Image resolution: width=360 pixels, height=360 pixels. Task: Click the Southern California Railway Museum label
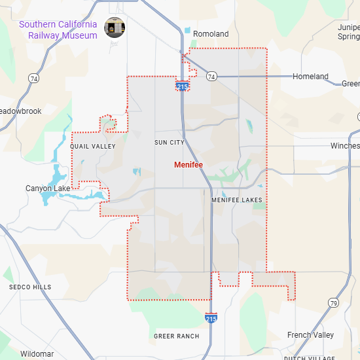point(58,29)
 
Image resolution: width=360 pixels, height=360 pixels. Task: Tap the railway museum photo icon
point(115,28)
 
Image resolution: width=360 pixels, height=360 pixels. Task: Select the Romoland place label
point(211,33)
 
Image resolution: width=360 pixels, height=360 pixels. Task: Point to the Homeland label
point(310,77)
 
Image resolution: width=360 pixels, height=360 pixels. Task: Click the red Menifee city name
point(189,165)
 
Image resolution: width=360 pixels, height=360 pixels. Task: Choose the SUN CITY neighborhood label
point(170,142)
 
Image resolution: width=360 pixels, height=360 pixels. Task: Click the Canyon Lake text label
point(48,189)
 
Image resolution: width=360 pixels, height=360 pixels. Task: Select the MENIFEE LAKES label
point(237,200)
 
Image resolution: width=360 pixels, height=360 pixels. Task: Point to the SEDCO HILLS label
point(30,287)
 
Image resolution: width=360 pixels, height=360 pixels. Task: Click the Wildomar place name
point(37,354)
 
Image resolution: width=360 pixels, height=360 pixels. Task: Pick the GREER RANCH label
point(176,336)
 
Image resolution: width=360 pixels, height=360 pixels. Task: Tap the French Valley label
point(310,335)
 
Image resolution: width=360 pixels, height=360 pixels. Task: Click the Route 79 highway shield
point(333,303)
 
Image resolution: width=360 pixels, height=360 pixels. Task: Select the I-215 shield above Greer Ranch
point(211,318)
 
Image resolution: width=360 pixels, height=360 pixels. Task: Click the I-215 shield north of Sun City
point(183,86)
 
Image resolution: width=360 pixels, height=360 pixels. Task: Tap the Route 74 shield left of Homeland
point(211,77)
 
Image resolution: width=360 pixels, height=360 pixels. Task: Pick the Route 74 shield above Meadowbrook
point(33,79)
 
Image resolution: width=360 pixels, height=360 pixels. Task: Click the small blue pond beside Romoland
point(188,31)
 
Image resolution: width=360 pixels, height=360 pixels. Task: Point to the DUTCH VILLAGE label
point(309,357)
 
